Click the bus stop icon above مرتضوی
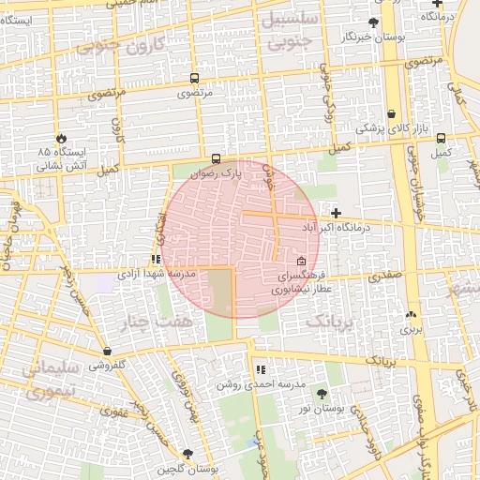tap(194, 80)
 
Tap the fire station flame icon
tap(62, 137)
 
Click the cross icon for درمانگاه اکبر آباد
tap(337, 214)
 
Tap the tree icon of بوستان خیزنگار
tap(374, 22)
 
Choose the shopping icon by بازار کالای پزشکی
tap(392, 112)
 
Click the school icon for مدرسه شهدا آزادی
tap(156, 260)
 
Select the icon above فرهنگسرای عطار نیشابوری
tap(301, 262)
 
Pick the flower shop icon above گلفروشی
tap(108, 352)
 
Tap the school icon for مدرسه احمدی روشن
tap(260, 369)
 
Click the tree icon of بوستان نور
tap(322, 395)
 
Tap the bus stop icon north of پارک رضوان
tap(217, 158)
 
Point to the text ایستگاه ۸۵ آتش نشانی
tap(62, 157)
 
